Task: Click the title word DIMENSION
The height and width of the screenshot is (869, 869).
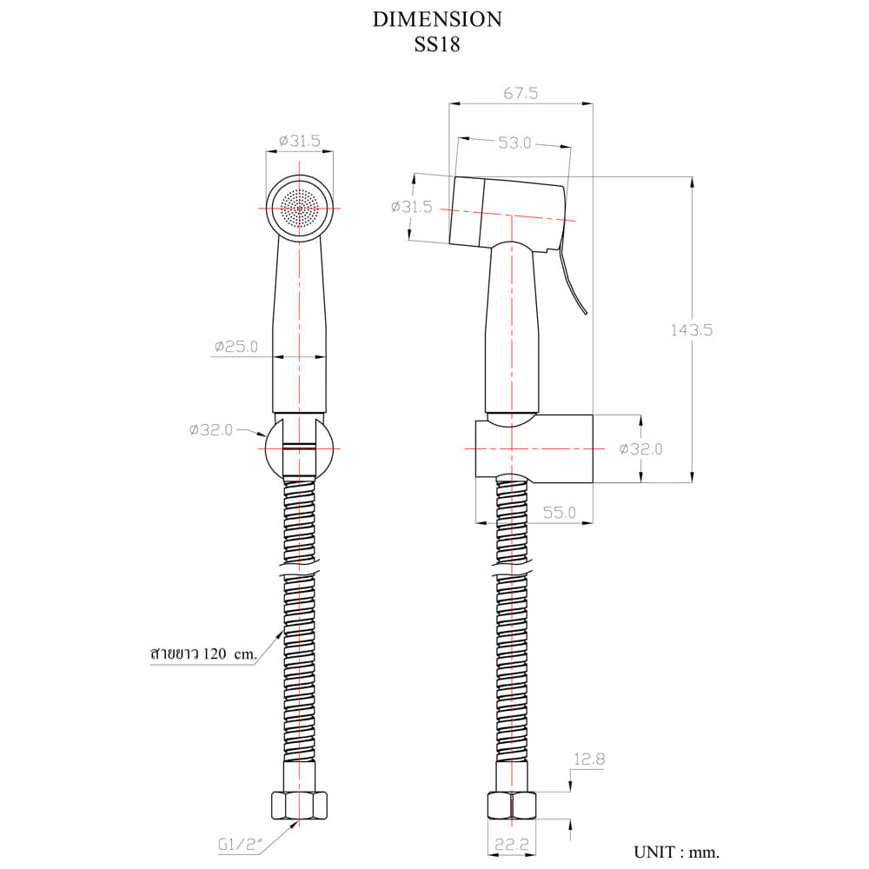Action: pos(437,19)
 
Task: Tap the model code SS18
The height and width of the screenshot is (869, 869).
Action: pos(437,44)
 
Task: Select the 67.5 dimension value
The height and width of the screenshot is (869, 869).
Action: pos(521,93)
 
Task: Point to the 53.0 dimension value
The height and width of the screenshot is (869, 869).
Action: pos(514,143)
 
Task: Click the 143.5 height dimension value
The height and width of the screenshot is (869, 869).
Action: pos(692,330)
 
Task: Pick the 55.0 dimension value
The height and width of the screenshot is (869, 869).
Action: pos(559,512)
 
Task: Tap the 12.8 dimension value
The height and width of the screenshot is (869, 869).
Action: pos(589,759)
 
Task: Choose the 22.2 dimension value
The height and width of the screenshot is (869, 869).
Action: pos(512,844)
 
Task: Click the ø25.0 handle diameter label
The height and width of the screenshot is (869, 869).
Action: pos(236,347)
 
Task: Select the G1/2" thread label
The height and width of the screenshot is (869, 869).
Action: pos(240,845)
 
